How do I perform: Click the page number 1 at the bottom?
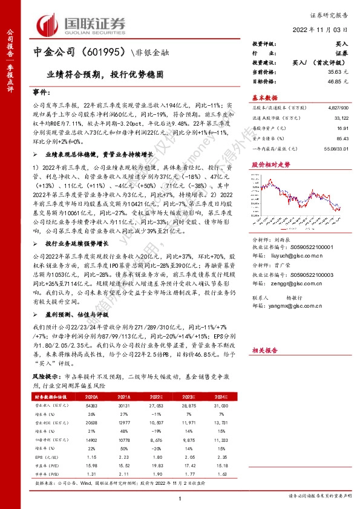pos(180,498)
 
